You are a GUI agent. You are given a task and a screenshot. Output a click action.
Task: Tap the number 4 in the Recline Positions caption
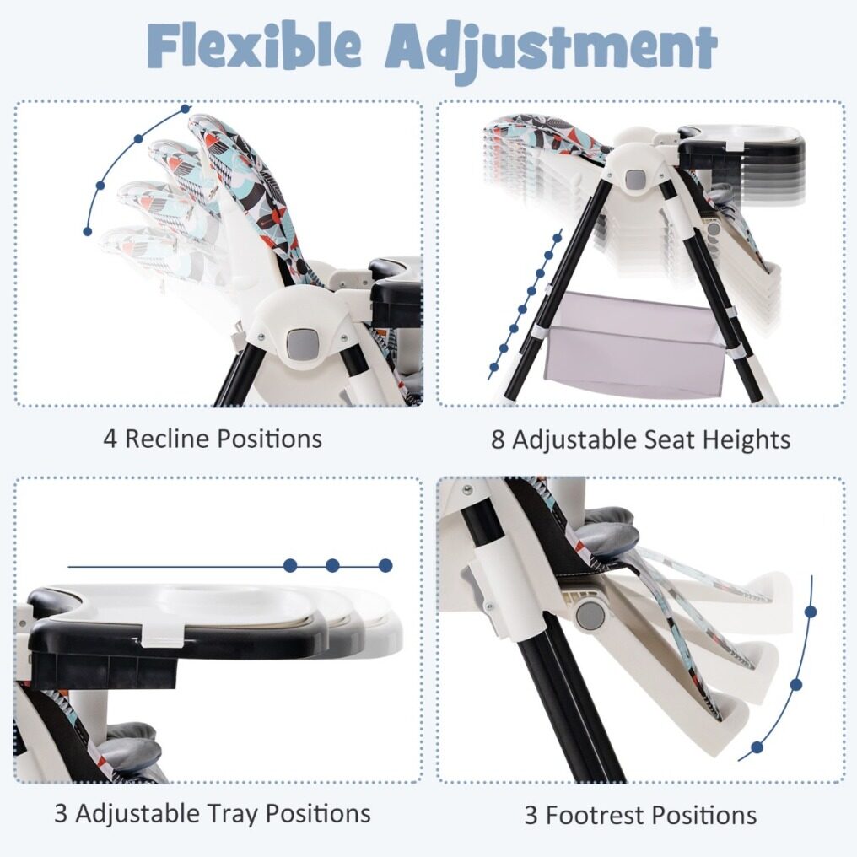pos(110,439)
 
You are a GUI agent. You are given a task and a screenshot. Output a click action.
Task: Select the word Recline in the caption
pos(167,439)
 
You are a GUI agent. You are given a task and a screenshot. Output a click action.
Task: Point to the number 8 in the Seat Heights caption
pos(498,439)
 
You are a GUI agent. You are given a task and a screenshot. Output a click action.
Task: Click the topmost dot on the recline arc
pos(186,109)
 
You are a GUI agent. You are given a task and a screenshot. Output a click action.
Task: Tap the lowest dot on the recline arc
pos(88,232)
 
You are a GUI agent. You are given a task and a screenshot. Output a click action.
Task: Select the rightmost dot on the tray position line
pos(385,566)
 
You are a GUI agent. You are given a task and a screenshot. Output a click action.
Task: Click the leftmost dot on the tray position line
pos(290,566)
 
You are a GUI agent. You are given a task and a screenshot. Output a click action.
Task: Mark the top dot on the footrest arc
pos(811,612)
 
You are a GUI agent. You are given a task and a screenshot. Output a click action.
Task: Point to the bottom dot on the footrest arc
pos(757,747)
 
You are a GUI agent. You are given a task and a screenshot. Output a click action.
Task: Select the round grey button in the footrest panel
pos(590,617)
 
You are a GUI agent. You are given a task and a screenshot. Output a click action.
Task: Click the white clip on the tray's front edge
pos(162,634)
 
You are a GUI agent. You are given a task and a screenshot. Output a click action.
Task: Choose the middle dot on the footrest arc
pos(795,684)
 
